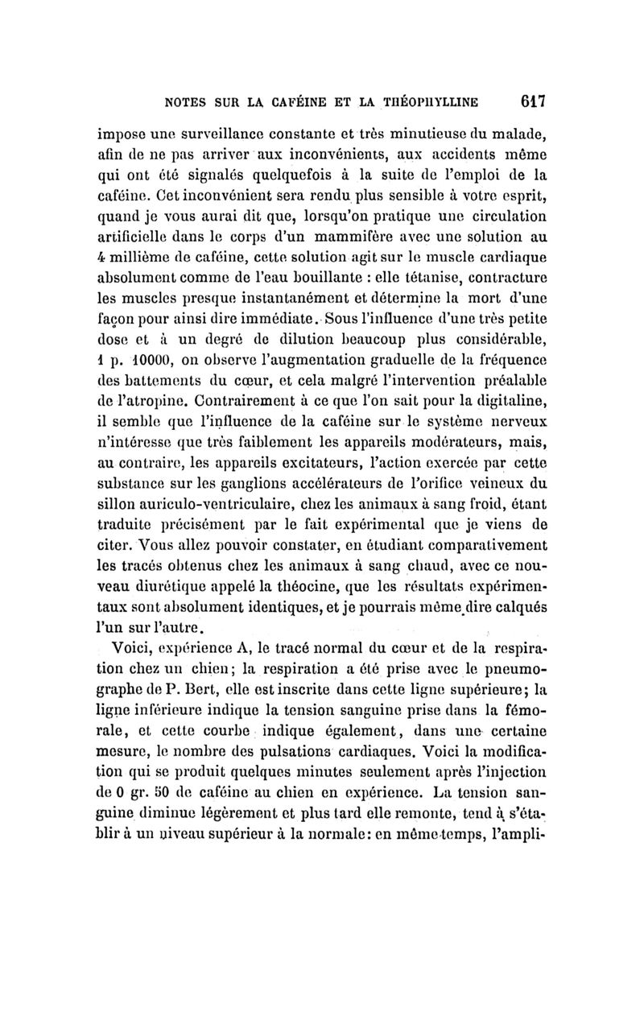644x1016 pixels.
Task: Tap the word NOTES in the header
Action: pos(190,102)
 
